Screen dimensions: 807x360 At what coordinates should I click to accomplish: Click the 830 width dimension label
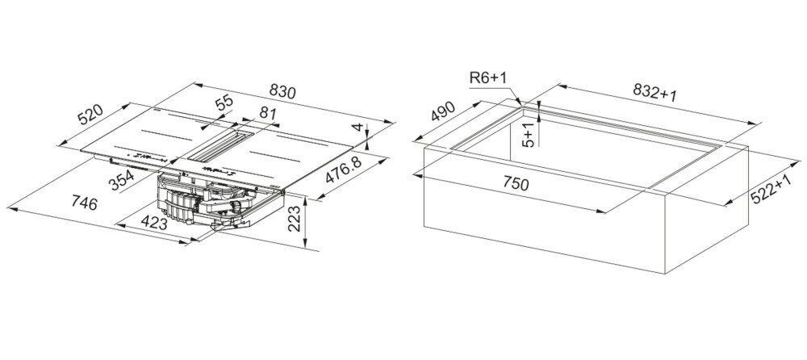pyautogui.click(x=283, y=91)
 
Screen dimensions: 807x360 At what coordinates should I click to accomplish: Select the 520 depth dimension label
pyautogui.click(x=90, y=115)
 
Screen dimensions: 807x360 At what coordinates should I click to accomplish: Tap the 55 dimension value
pyautogui.click(x=224, y=104)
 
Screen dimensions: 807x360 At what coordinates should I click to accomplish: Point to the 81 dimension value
pyautogui.click(x=268, y=113)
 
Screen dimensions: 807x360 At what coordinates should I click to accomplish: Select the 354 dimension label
pyautogui.click(x=122, y=180)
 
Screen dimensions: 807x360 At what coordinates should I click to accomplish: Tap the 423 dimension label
pyautogui.click(x=154, y=224)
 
